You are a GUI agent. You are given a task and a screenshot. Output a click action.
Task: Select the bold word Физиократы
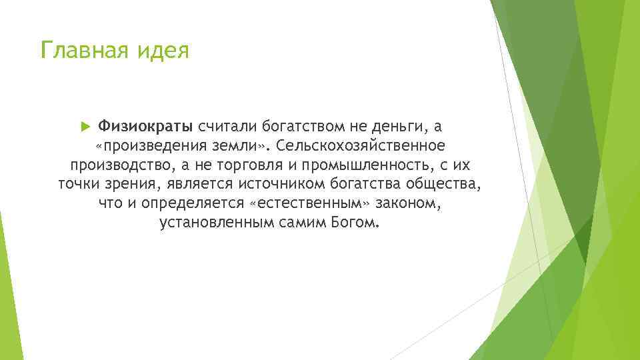[145, 126]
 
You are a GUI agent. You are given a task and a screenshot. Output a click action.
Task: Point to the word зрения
[127, 184]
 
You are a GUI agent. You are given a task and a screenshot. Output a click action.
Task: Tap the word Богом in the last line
[355, 223]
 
